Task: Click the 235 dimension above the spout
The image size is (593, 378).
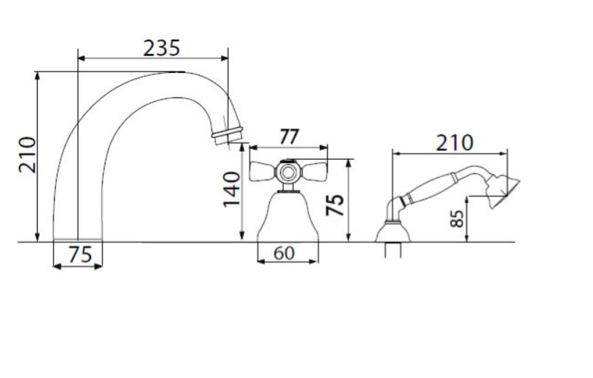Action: point(162,48)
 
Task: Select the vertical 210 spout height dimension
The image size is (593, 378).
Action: point(27,155)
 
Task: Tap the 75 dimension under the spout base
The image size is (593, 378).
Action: point(80,254)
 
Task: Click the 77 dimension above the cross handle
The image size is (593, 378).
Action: point(290,137)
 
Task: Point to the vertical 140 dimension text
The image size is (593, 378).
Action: point(231,189)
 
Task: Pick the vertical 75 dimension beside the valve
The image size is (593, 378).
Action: point(335,205)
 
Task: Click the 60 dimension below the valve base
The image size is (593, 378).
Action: point(284,253)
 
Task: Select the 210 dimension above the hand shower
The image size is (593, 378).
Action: point(454,143)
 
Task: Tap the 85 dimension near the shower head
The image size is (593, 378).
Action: point(457,218)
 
